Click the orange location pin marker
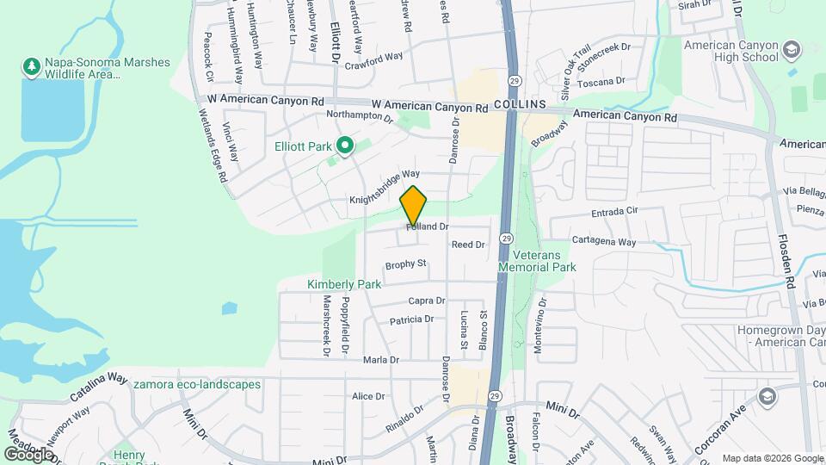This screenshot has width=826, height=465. coord(414,206)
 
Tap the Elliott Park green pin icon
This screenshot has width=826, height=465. coord(345,146)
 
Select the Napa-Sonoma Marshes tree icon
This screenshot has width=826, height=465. coord(32,67)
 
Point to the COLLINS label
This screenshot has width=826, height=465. coord(521,104)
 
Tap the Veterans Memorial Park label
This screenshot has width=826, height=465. coord(544,262)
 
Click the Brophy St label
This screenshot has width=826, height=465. coord(406,263)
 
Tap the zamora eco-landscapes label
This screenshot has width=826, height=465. coord(197,384)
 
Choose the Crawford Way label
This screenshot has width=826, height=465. coord(373,61)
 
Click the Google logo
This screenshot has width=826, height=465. coord(28,454)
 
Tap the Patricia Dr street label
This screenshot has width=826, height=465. coord(411,319)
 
